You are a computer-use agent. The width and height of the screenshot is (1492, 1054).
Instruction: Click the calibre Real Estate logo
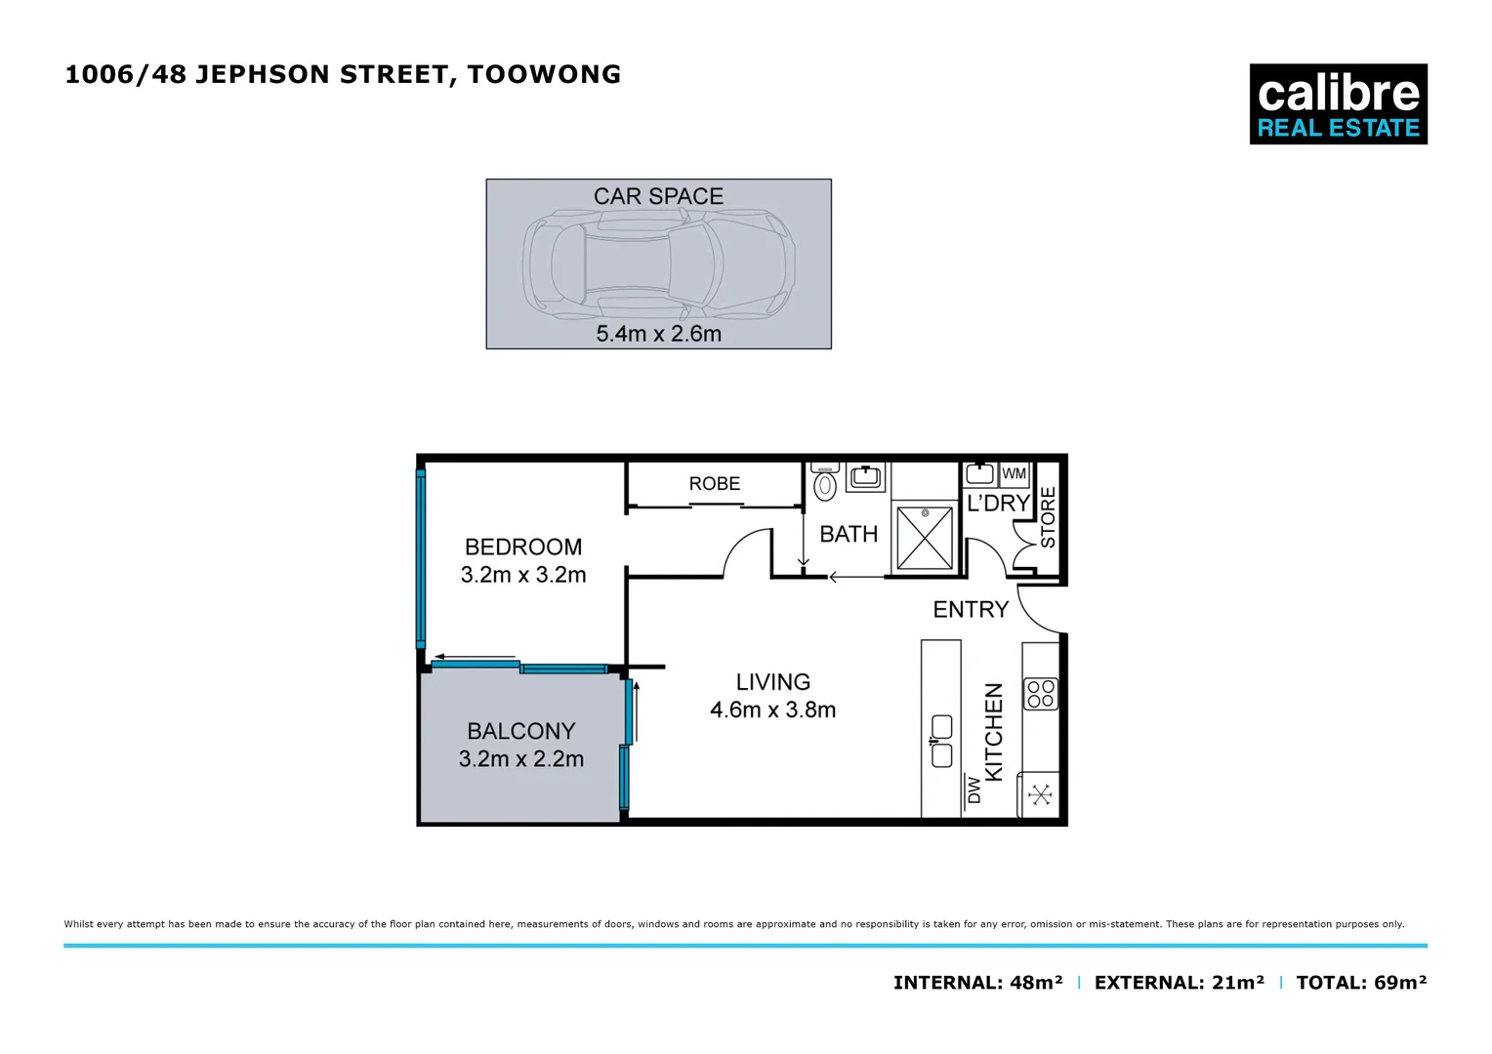(x=1338, y=104)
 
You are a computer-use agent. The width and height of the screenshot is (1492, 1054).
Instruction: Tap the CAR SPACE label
(x=658, y=196)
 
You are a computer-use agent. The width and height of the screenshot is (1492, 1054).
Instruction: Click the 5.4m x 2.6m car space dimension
(x=658, y=334)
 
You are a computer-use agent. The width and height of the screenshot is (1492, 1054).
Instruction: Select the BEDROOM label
(x=523, y=547)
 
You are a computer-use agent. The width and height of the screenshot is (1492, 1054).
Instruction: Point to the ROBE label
(x=714, y=484)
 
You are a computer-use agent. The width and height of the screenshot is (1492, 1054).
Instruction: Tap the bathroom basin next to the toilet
(x=865, y=477)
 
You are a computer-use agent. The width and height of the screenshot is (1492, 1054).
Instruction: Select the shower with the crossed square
(x=925, y=537)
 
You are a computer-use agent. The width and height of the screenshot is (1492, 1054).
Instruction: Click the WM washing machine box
(x=1015, y=474)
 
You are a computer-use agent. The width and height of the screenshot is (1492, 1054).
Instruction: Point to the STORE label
(x=1048, y=517)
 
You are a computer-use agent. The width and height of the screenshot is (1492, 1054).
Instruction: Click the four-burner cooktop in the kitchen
(x=1041, y=694)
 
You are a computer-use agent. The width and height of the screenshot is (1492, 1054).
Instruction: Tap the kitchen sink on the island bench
(x=941, y=741)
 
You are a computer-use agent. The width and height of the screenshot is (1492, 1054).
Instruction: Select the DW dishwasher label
(x=974, y=790)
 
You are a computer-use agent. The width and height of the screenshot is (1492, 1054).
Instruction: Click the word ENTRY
(x=970, y=610)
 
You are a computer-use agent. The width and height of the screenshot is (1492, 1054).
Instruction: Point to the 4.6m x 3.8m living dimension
(x=772, y=710)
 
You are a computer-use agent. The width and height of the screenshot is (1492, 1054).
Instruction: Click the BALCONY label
(x=520, y=731)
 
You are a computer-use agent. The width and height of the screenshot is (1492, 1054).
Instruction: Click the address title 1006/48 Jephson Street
(x=343, y=74)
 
